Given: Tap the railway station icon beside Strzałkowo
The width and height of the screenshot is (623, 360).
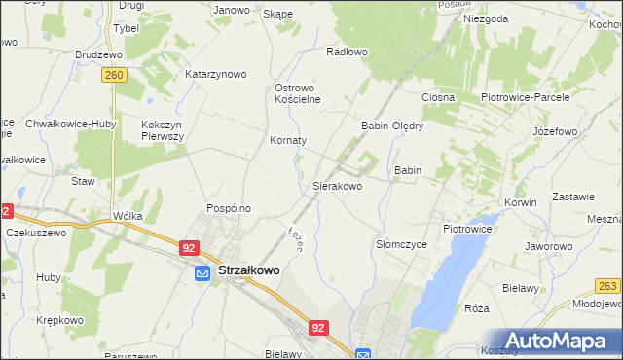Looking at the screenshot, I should [202, 274].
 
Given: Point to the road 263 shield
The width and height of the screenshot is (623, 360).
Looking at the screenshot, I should [608, 286].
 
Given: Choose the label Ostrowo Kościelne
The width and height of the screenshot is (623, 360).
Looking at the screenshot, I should [298, 93].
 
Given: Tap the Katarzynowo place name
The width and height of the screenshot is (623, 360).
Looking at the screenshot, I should [216, 74].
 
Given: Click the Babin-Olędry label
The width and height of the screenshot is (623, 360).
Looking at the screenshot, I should [393, 126].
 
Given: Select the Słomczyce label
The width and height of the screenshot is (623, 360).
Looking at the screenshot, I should [402, 245].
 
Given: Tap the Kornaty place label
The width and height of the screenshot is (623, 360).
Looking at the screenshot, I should [288, 140].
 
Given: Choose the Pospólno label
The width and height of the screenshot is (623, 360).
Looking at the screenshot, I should [229, 208].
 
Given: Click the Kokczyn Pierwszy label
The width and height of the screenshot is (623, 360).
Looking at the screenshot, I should [163, 131].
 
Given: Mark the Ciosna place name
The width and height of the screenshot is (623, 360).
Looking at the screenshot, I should [437, 98].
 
